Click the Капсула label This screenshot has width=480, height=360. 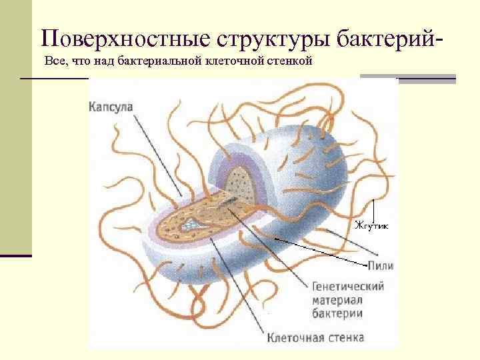(110, 107)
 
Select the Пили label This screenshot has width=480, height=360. (380, 266)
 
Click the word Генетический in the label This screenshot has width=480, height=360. (347, 286)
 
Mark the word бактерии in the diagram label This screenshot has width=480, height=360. (337, 313)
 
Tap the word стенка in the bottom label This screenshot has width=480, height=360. (346, 337)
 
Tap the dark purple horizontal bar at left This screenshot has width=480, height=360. (15, 255)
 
